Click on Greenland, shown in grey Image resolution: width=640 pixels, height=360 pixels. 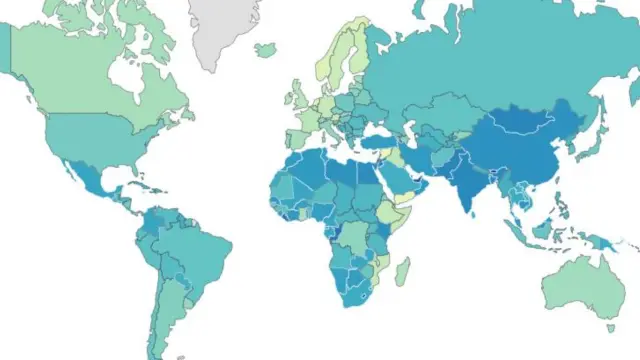[x=225, y=30]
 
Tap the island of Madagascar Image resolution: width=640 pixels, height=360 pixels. [x=402, y=270]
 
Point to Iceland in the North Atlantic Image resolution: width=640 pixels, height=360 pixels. [x=266, y=48]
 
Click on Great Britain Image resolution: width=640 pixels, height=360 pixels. [x=296, y=95]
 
